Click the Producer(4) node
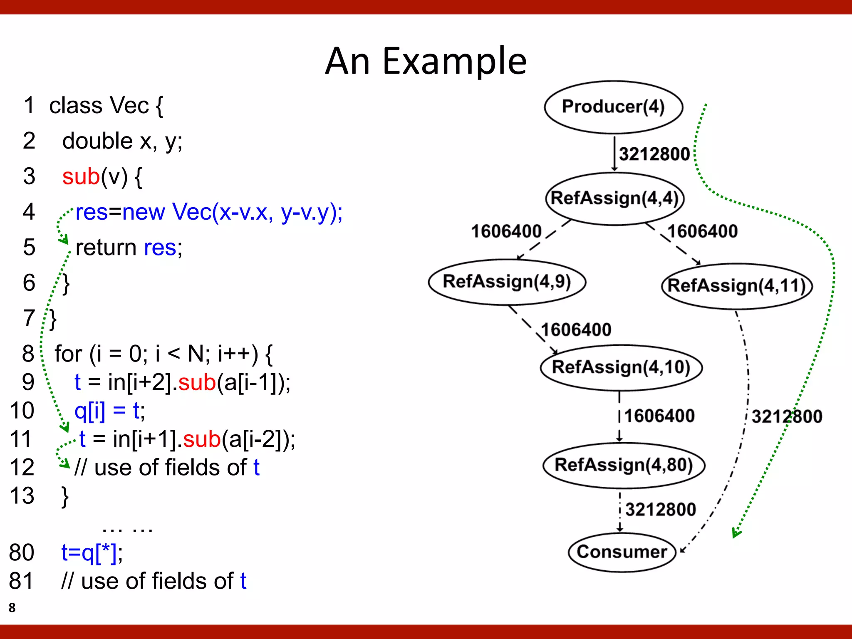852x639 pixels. [613, 107]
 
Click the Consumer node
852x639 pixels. [622, 552]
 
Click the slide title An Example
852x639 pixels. [426, 61]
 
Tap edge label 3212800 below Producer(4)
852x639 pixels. [654, 154]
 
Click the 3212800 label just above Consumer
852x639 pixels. [660, 510]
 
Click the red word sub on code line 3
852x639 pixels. [81, 176]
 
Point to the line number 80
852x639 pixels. [21, 552]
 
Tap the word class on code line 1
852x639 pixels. [76, 105]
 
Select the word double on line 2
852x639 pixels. [97, 141]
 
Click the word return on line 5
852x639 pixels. [106, 248]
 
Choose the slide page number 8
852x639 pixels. [12, 607]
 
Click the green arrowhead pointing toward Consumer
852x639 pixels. [736, 533]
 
